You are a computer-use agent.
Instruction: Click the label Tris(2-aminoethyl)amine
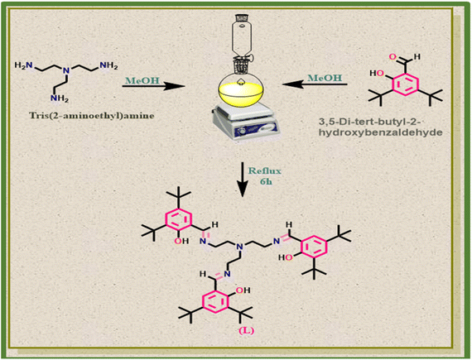click(92, 116)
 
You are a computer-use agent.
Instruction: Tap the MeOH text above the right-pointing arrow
click(142, 80)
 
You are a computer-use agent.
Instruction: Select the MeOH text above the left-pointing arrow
click(325, 78)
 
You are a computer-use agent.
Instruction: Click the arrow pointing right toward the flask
click(153, 87)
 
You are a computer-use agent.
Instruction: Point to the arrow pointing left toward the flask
click(315, 84)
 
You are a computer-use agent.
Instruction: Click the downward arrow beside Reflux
click(243, 180)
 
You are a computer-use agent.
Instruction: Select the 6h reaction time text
click(265, 181)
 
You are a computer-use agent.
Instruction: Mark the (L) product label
click(246, 330)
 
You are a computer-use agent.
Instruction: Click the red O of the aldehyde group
click(392, 57)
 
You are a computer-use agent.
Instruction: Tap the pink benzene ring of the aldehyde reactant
click(405, 84)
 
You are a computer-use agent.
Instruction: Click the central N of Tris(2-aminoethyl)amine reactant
click(67, 71)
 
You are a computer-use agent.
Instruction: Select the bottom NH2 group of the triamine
click(60, 98)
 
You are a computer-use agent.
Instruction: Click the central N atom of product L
click(239, 247)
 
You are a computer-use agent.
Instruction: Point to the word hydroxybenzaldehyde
click(380, 132)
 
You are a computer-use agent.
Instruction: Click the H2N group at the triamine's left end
click(24, 65)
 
